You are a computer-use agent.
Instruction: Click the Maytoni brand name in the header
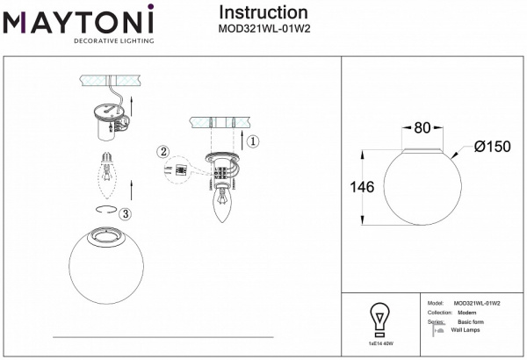pyautogui.click(x=78, y=19)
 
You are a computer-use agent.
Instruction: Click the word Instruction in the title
pyautogui.click(x=263, y=12)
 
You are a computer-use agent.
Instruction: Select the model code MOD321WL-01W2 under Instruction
pyautogui.click(x=263, y=28)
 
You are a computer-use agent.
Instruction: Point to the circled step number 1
pyautogui.click(x=251, y=140)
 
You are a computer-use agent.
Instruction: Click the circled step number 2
pyautogui.click(x=163, y=151)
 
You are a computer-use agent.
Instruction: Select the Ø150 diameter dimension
pyautogui.click(x=492, y=148)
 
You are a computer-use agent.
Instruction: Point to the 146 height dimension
pyautogui.click(x=361, y=187)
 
